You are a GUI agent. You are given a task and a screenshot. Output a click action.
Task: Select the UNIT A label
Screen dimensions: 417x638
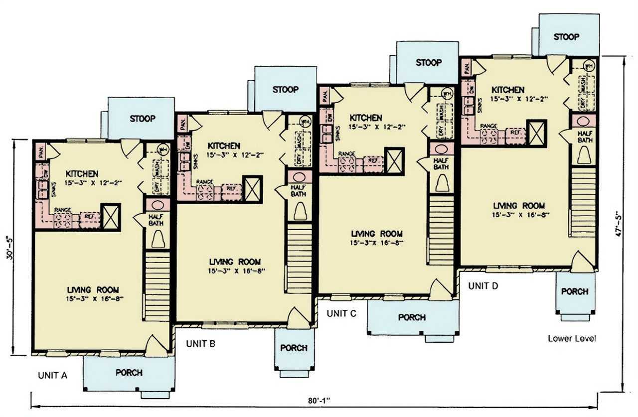[52, 376]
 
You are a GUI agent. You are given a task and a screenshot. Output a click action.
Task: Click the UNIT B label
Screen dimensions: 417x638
[200, 343]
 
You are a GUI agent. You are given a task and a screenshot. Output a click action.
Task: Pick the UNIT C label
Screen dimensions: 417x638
[341, 313]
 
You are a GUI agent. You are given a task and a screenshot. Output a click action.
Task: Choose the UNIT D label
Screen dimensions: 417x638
[483, 286]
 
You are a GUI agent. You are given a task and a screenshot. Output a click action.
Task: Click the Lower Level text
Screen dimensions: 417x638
[572, 338]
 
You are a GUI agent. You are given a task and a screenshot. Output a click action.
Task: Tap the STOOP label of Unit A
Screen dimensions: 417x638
[143, 119]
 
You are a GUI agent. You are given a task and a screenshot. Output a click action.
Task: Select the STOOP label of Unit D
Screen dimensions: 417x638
[567, 37]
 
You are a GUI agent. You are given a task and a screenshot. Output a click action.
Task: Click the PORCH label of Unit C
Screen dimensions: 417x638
[412, 317]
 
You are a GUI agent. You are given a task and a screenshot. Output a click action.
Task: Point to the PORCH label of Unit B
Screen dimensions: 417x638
[294, 348]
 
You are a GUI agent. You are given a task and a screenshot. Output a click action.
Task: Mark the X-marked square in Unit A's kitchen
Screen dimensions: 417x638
[111, 217]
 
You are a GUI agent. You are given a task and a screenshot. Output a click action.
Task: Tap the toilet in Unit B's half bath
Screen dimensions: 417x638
[300, 212]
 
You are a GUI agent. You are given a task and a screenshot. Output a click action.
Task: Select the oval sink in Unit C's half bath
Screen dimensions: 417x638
[441, 149]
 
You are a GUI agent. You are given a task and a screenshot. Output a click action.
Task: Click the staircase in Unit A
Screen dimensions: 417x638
[158, 286]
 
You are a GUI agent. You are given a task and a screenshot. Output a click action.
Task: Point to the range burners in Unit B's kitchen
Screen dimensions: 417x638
[205, 191]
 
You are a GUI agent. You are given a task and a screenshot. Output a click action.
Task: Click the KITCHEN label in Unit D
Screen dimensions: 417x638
[508, 90]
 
